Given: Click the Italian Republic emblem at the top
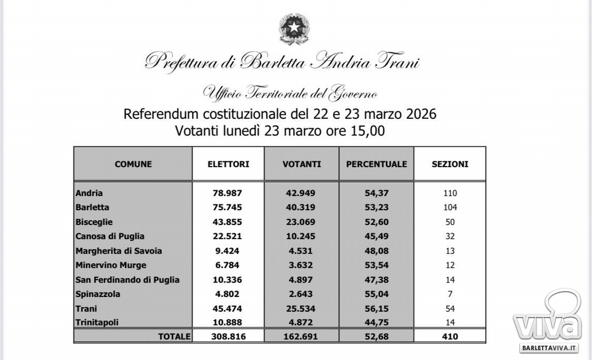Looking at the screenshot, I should click(295, 29).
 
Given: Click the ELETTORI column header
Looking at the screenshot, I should click(228, 164).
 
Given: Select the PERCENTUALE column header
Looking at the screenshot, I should click(376, 164).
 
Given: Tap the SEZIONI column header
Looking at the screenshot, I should click(450, 164).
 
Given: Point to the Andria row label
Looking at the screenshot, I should click(89, 193).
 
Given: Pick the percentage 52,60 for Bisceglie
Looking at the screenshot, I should click(376, 222).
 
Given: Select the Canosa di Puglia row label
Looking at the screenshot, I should click(110, 236).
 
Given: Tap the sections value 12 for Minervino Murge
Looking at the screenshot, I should click(449, 265).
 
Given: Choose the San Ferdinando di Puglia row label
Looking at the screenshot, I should click(127, 280).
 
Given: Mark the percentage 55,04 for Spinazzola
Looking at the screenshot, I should click(376, 294).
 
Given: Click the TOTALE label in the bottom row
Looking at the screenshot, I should click(174, 336).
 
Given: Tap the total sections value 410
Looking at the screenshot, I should click(450, 336).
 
